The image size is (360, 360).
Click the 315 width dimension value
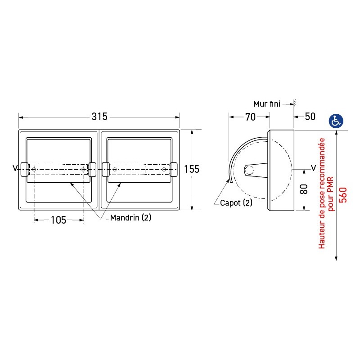[99, 117]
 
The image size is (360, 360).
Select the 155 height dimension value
[192, 169]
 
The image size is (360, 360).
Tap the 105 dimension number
[58, 220]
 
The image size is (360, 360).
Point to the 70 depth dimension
[250, 117]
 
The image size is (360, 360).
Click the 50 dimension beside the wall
[310, 117]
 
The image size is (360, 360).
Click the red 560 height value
[343, 194]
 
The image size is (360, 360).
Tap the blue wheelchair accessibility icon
[336, 121]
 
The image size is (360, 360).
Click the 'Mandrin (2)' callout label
[131, 217]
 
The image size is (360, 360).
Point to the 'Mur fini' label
[266, 104]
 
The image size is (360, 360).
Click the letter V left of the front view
[15, 168]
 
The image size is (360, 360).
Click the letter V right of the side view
[313, 168]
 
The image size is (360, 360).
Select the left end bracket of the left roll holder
[24, 169]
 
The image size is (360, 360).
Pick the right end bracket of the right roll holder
[173, 169]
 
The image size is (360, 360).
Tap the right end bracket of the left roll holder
[92, 169]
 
